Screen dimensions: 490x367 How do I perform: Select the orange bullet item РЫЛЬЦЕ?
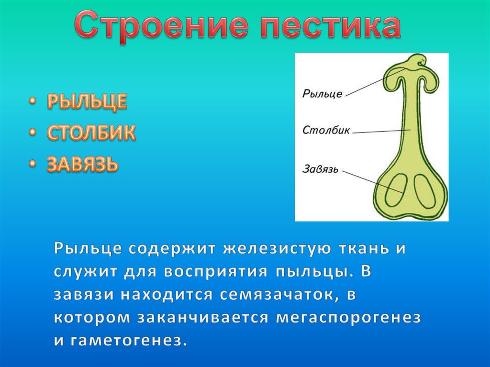point(87,101)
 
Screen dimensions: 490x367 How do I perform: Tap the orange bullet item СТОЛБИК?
point(91,132)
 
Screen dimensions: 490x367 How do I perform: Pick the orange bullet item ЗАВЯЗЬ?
point(83,164)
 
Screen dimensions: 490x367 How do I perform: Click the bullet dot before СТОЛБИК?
point(32,133)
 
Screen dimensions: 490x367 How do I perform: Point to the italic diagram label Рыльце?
point(322,93)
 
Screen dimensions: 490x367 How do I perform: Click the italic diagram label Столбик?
point(326,130)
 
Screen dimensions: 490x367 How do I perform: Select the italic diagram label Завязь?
point(320,169)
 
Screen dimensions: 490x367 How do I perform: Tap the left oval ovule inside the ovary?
point(396,190)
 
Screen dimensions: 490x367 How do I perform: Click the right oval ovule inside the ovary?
point(425,191)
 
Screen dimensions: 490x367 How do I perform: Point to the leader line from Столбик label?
point(382,131)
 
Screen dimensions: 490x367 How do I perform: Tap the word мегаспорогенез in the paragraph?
point(348,318)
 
